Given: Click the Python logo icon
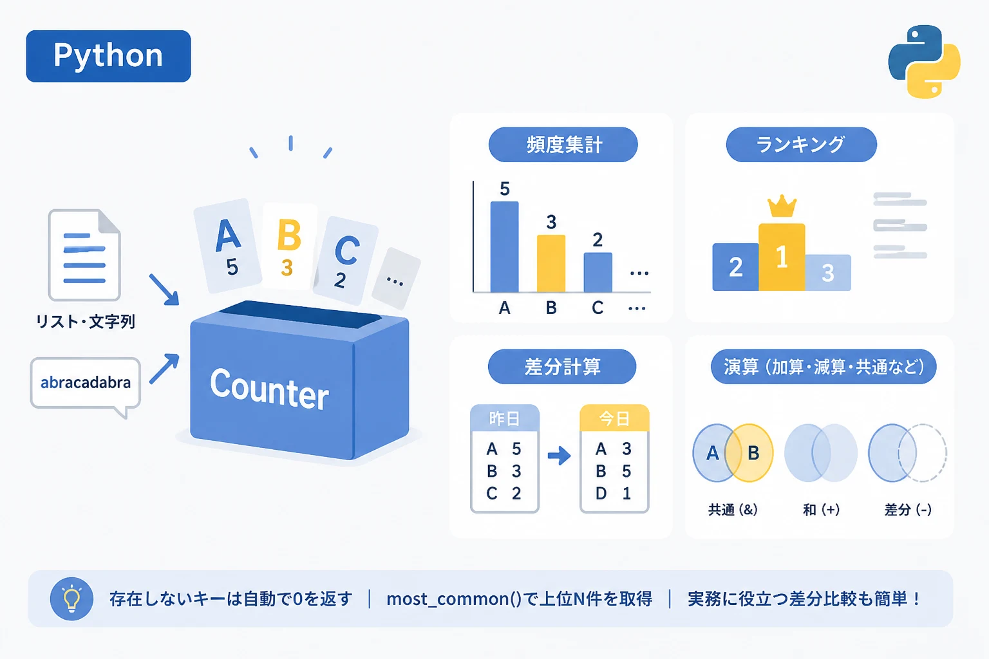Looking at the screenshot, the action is (x=924, y=61).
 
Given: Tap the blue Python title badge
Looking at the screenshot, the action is (x=109, y=56).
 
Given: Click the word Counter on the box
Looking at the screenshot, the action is (x=269, y=389).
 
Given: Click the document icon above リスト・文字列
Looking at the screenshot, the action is (x=84, y=255).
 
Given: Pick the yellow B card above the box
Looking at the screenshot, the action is (x=289, y=246).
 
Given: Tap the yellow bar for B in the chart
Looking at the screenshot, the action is (x=551, y=263).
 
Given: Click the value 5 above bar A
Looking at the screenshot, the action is (x=505, y=189).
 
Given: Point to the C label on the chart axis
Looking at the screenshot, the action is (x=598, y=308).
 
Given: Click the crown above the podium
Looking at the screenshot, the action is (x=782, y=206).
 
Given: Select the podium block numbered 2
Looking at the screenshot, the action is (x=735, y=266).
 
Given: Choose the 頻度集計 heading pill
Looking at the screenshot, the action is (x=563, y=145).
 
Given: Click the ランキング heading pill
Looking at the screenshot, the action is (x=801, y=145).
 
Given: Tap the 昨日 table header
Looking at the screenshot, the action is (x=505, y=418).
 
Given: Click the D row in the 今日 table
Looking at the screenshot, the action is (x=614, y=494).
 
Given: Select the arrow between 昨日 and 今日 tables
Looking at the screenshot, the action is (x=559, y=456).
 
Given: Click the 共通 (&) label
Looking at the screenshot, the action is (x=733, y=510).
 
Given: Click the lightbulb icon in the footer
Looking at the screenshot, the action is (x=71, y=599).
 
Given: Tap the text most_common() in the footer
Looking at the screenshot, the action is (x=454, y=599).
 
